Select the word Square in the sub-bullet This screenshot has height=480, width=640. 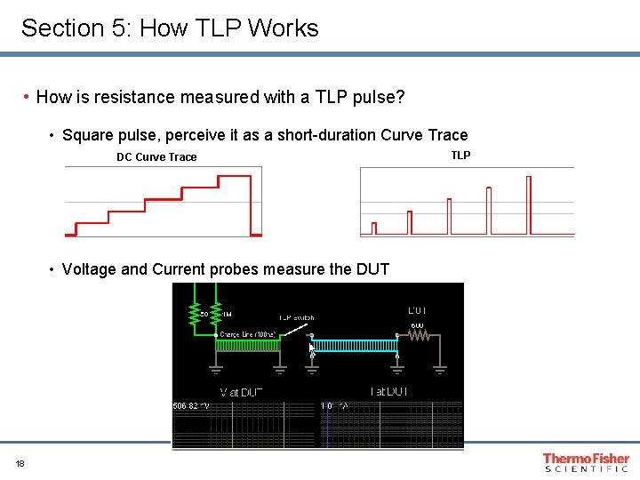88,135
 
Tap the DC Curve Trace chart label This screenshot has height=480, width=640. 156,157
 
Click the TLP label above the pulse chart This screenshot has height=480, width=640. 460,156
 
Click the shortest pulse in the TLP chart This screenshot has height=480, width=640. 374,228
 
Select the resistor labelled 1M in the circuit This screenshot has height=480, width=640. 217,311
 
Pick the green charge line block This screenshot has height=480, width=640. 248,346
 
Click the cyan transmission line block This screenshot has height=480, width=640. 353,345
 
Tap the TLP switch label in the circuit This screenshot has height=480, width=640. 296,317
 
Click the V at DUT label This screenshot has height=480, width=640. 242,392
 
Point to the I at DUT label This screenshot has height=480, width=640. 388,392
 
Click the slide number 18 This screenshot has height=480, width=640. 20,463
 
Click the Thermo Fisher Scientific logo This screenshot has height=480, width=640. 585,462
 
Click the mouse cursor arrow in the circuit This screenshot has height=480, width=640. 312,350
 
